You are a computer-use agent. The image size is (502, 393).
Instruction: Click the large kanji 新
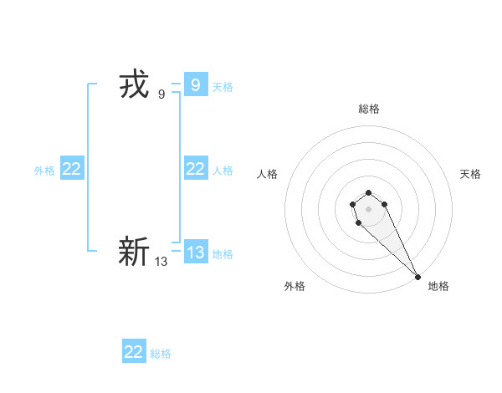tap(134, 251)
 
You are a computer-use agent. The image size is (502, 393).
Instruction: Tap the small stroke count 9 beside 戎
tap(161, 94)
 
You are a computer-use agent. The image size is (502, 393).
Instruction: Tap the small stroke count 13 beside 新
tap(161, 262)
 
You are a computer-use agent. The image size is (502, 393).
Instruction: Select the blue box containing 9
tap(195, 84)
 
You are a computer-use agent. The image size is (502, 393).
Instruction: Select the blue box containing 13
tap(195, 252)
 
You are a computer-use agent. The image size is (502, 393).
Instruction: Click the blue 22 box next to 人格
tap(195, 169)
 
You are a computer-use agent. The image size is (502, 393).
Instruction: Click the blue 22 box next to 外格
tap(71, 169)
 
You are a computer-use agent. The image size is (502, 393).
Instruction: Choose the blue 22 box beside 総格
tap(134, 352)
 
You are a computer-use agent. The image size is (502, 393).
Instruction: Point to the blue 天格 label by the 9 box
tap(223, 86)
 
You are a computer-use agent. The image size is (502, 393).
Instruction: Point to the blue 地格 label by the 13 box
tap(223, 253)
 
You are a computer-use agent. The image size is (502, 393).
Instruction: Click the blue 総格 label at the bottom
tap(161, 354)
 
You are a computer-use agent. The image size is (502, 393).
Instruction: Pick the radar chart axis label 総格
tap(368, 109)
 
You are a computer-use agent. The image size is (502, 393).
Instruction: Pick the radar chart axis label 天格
tap(470, 174)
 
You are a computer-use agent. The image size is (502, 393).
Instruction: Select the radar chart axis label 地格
tap(438, 286)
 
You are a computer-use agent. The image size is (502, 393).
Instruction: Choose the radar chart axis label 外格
tap(295, 286)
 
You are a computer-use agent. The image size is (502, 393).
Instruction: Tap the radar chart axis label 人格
tap(267, 174)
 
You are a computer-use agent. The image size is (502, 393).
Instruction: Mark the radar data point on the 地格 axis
tap(417, 276)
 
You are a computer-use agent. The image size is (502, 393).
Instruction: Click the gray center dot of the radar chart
tap(368, 207)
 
